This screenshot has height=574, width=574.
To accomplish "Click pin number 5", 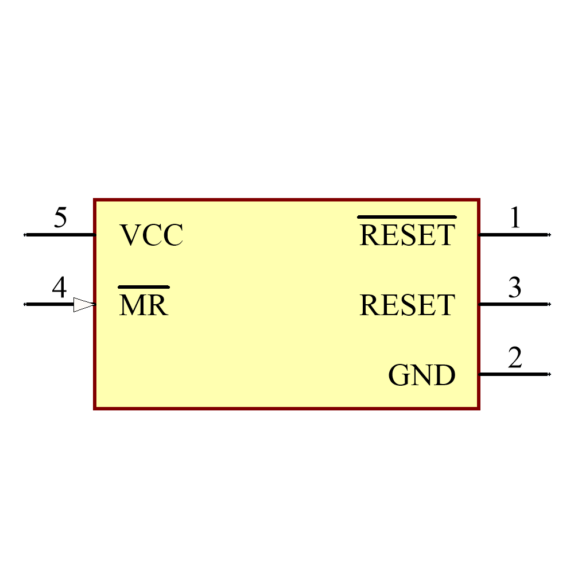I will point(60,218).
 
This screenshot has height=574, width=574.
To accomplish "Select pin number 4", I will point(59,288).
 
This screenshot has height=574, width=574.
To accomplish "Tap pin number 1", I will point(515,218).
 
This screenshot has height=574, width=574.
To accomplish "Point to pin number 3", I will point(515,288).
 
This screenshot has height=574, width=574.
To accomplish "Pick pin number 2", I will point(515,358).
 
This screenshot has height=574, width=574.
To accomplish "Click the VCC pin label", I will point(151,235).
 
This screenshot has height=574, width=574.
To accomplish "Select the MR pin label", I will point(143,305).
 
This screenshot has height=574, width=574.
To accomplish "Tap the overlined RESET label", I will point(407,235).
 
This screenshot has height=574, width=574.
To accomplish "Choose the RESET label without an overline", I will point(407,305).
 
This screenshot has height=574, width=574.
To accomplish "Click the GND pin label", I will point(422,375).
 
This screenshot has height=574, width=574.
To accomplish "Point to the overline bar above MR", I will point(143,286).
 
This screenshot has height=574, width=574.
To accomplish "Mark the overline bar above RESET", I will point(407,218).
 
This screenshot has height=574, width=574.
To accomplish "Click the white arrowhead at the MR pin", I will point(84,305).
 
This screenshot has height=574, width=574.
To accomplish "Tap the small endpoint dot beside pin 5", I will point(25,235).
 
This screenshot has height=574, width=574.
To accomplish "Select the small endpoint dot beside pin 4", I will point(25,304).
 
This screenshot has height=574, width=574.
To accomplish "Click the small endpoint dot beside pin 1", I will point(549,235).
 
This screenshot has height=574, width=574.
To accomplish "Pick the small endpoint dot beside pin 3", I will point(549,304).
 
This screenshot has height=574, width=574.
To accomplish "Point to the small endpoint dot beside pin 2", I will point(549,374).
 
